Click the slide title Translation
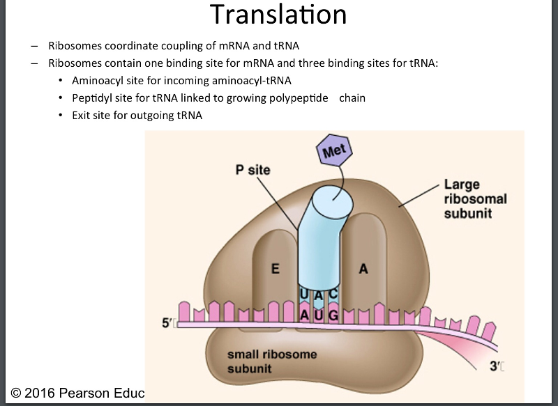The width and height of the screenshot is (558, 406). (278, 15)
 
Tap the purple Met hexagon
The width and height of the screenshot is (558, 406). (335, 149)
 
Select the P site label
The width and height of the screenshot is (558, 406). (252, 170)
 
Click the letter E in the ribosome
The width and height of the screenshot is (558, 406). (276, 270)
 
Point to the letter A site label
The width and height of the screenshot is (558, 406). (363, 270)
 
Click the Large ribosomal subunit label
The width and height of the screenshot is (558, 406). (475, 198)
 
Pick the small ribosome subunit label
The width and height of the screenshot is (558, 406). (271, 361)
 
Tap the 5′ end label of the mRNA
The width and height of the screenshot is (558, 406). (167, 323)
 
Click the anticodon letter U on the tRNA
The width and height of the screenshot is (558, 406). (304, 295)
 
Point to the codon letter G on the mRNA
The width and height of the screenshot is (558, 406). (333, 315)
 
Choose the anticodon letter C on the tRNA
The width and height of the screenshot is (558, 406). (333, 295)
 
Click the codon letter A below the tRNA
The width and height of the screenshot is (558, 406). (304, 315)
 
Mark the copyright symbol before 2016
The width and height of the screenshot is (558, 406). (15, 393)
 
